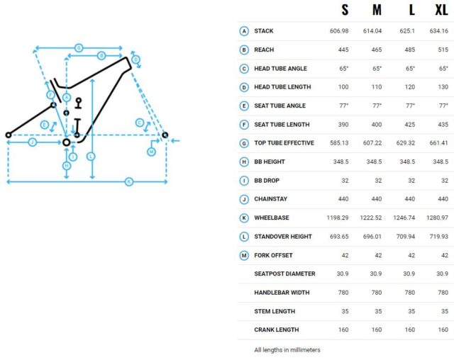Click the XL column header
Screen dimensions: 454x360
(x=441, y=10)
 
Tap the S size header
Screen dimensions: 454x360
(x=345, y=10)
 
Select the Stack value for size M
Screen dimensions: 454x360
(x=372, y=31)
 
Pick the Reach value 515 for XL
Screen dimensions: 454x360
(x=443, y=50)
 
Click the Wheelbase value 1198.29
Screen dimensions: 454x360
(x=338, y=218)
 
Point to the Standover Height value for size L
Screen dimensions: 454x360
(x=406, y=237)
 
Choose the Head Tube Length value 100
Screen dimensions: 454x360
(x=343, y=87)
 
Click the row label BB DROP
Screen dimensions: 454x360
(x=267, y=181)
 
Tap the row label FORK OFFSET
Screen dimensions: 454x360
(x=273, y=255)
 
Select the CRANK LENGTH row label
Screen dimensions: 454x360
(x=277, y=330)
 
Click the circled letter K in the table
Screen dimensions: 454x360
(x=244, y=218)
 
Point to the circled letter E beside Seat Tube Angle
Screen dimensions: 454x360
(x=244, y=106)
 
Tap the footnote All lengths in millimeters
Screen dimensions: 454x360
(x=287, y=350)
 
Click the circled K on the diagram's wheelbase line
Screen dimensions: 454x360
(x=129, y=181)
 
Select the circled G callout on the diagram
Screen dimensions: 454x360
(x=79, y=47)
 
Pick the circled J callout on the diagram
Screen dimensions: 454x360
(x=33, y=142)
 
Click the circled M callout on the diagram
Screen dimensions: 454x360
(x=151, y=152)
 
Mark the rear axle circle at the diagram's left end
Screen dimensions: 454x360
(x=9, y=135)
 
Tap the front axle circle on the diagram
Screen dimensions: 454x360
(x=165, y=135)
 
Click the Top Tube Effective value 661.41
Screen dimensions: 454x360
(x=439, y=143)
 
